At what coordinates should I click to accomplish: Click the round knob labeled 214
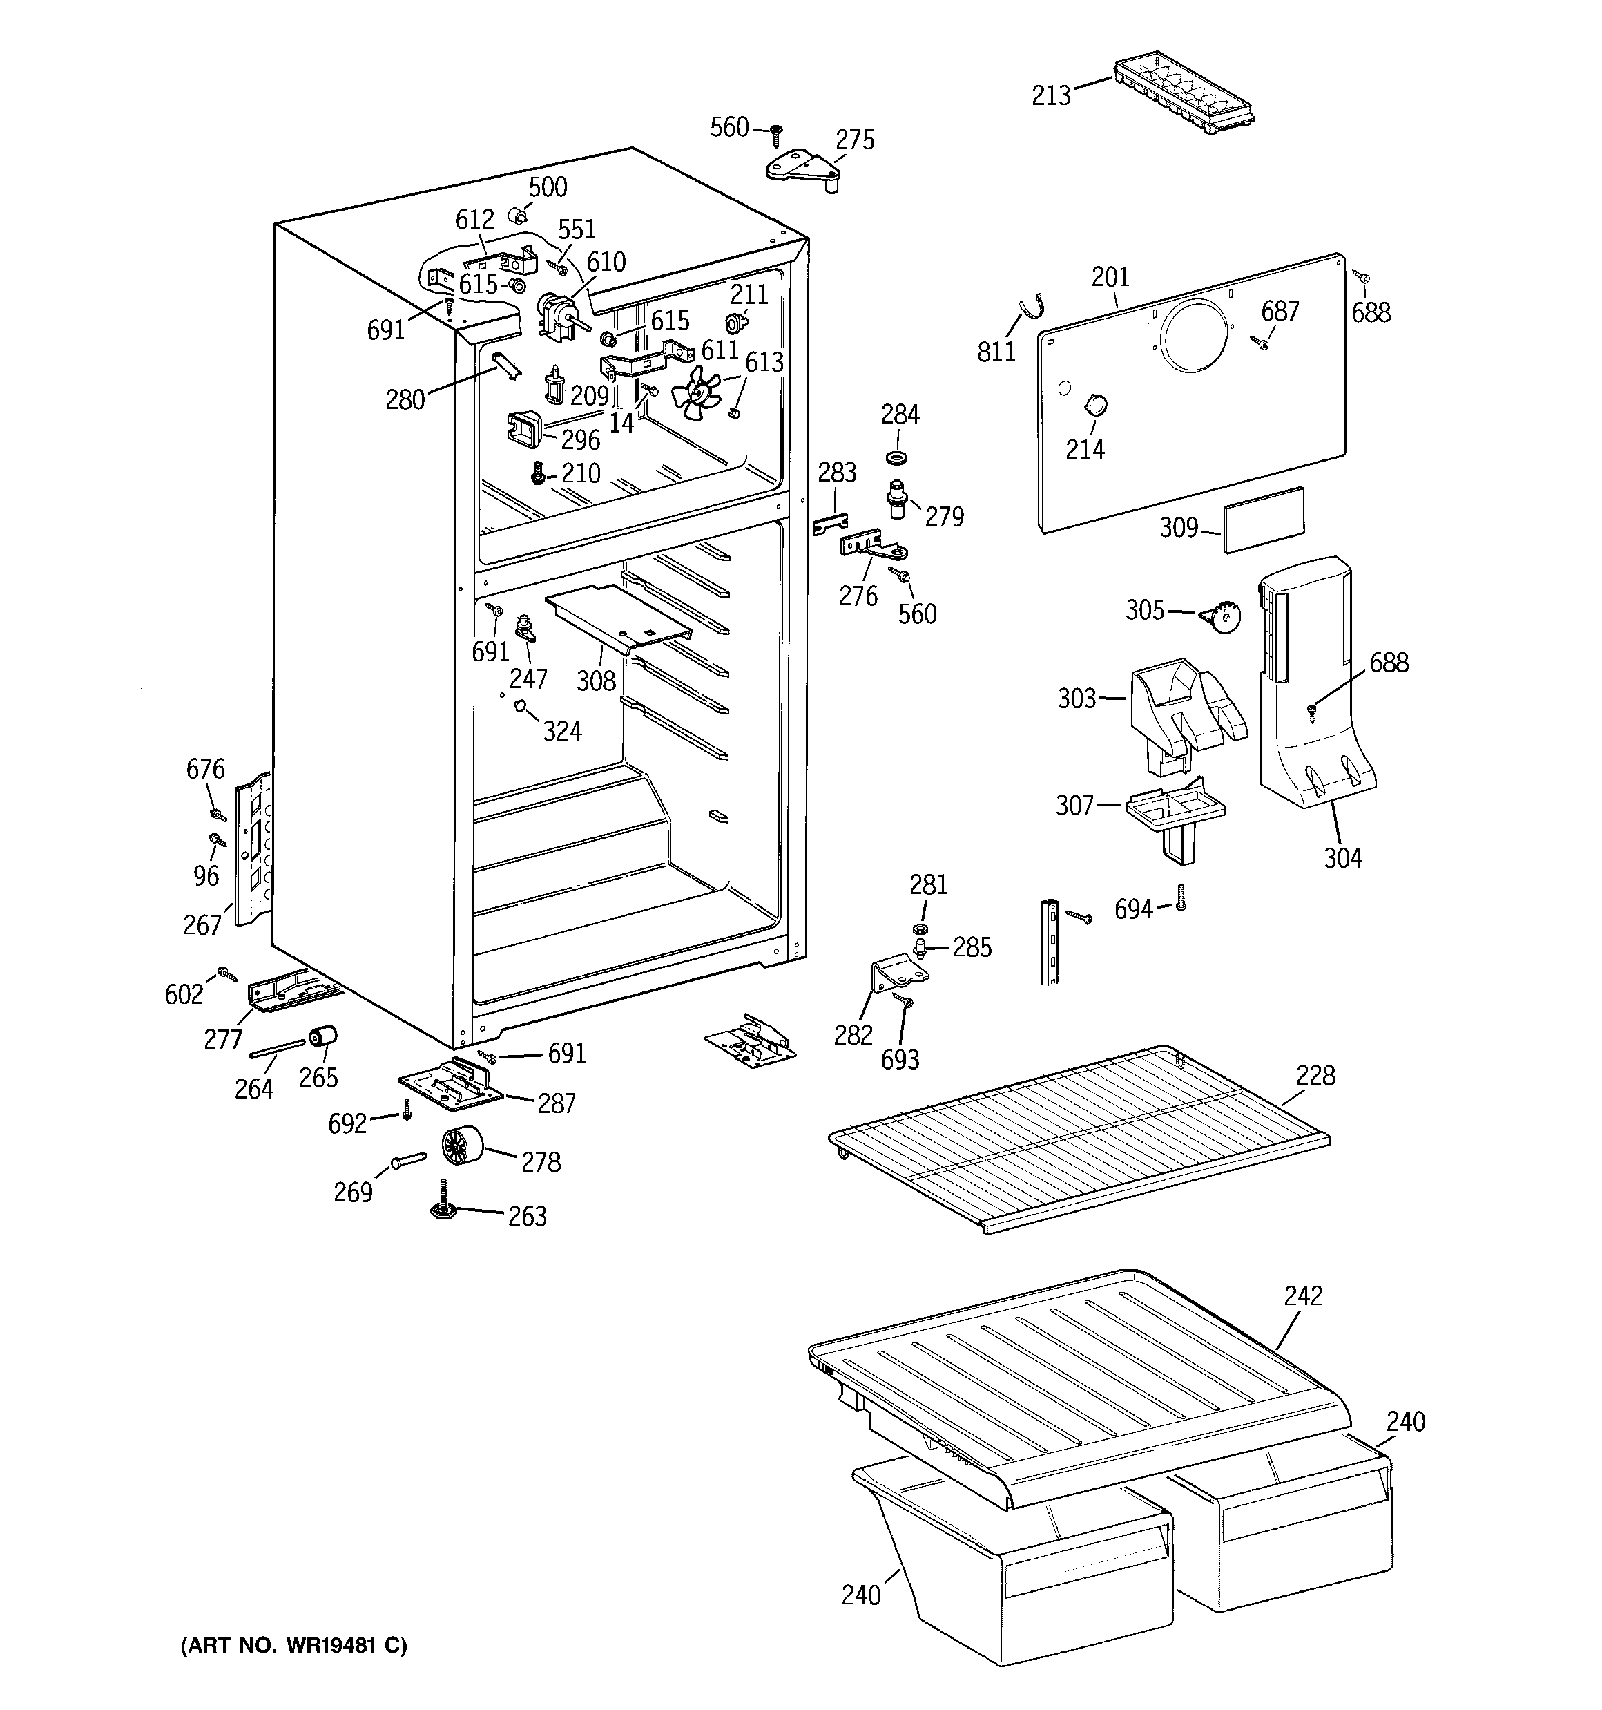pyautogui.click(x=1094, y=403)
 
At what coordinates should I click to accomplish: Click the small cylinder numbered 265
pyautogui.click(x=323, y=1038)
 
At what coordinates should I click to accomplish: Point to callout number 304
pyautogui.click(x=1342, y=857)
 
